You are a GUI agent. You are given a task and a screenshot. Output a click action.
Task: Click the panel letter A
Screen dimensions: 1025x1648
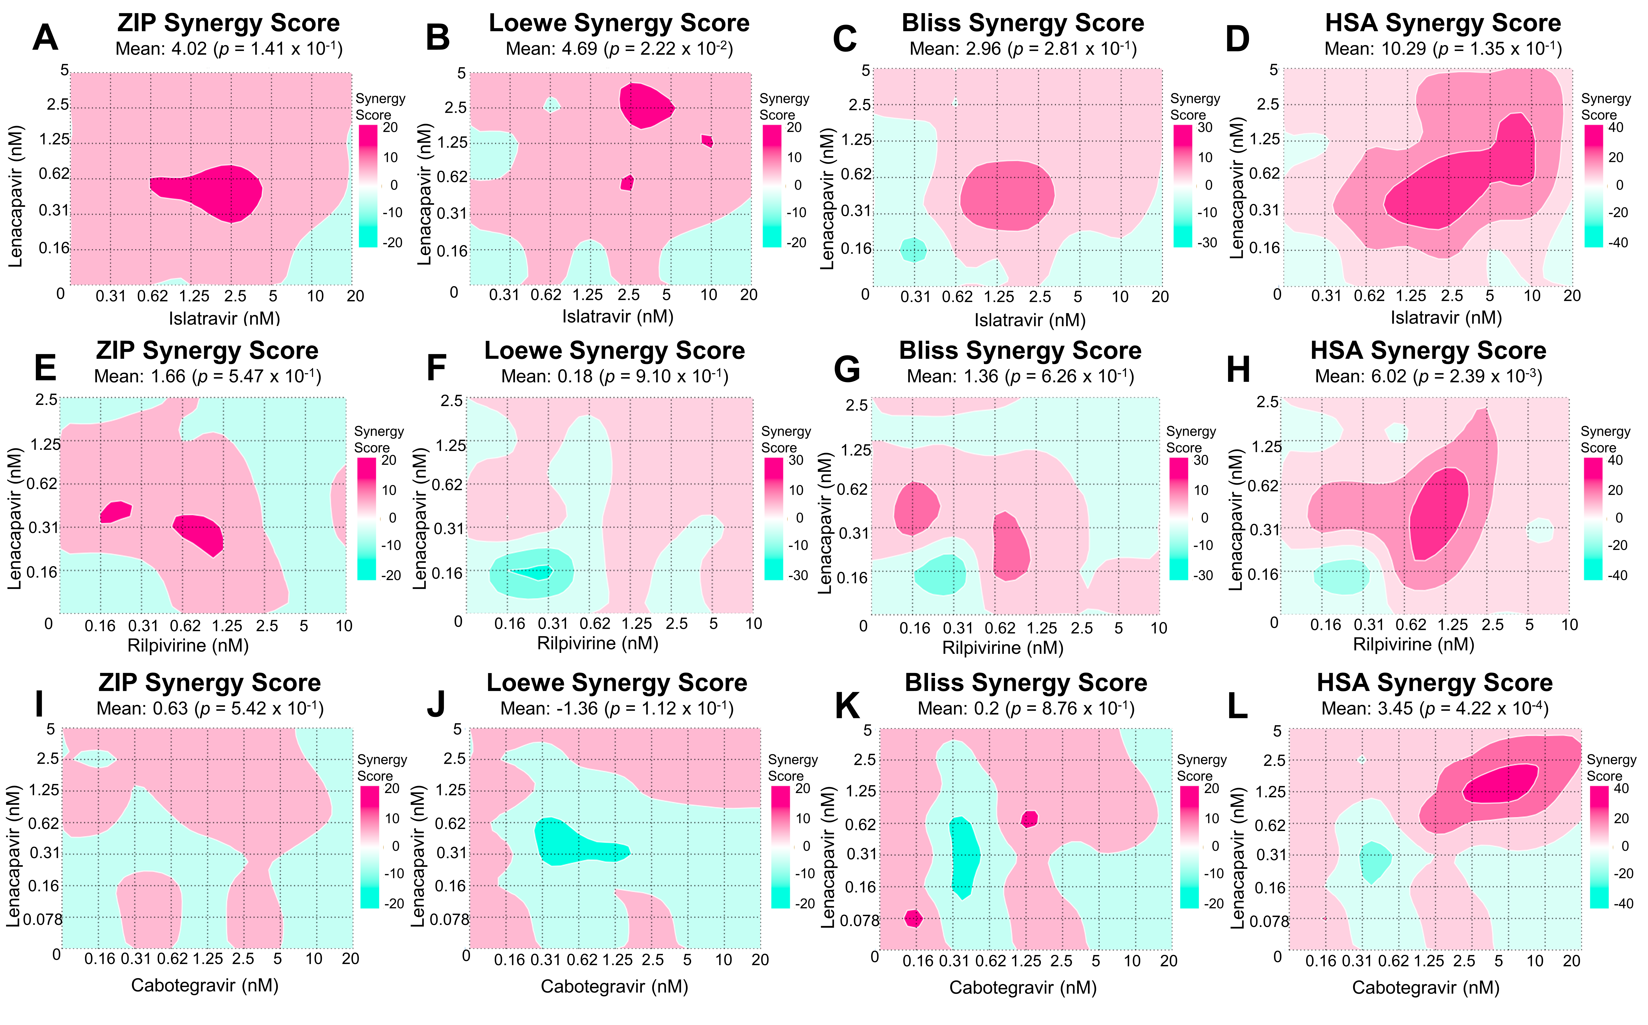click(45, 38)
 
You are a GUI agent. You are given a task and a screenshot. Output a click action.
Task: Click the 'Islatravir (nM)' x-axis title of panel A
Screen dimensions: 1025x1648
click(224, 318)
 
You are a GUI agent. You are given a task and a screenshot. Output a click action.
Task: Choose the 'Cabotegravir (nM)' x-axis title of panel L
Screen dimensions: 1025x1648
click(1426, 988)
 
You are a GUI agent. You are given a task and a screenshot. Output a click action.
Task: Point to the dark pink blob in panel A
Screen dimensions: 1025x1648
click(210, 192)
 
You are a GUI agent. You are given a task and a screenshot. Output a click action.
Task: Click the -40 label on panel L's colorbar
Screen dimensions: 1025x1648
click(1624, 904)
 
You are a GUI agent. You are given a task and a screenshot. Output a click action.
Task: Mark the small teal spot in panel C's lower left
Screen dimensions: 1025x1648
click(913, 249)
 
